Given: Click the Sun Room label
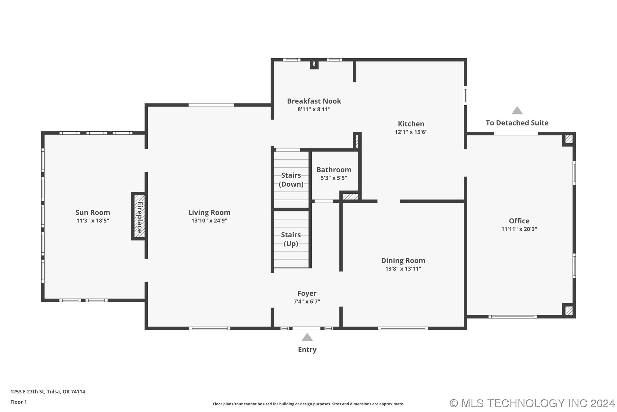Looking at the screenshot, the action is [93, 212].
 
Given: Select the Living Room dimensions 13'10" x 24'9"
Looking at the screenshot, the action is [209, 220].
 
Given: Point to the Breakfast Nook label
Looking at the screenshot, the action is [314, 101].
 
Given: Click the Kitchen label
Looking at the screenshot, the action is [411, 124].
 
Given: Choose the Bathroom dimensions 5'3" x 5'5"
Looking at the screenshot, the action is [334, 178].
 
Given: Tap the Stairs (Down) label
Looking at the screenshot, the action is [291, 180].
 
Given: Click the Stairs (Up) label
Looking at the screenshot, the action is [291, 239].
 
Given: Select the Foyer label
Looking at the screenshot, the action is [307, 294].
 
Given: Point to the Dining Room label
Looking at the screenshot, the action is [403, 261].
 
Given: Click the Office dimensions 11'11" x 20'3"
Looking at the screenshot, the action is [519, 229].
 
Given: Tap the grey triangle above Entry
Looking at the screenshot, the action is [307, 337].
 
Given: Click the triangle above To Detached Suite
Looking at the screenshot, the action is [517, 111].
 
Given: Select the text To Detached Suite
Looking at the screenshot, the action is [517, 123].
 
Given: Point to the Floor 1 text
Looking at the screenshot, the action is [19, 402].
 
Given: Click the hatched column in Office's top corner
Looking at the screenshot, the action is [569, 139].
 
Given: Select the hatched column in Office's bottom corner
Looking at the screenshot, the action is [569, 311].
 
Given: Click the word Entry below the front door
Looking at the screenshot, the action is [307, 350].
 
